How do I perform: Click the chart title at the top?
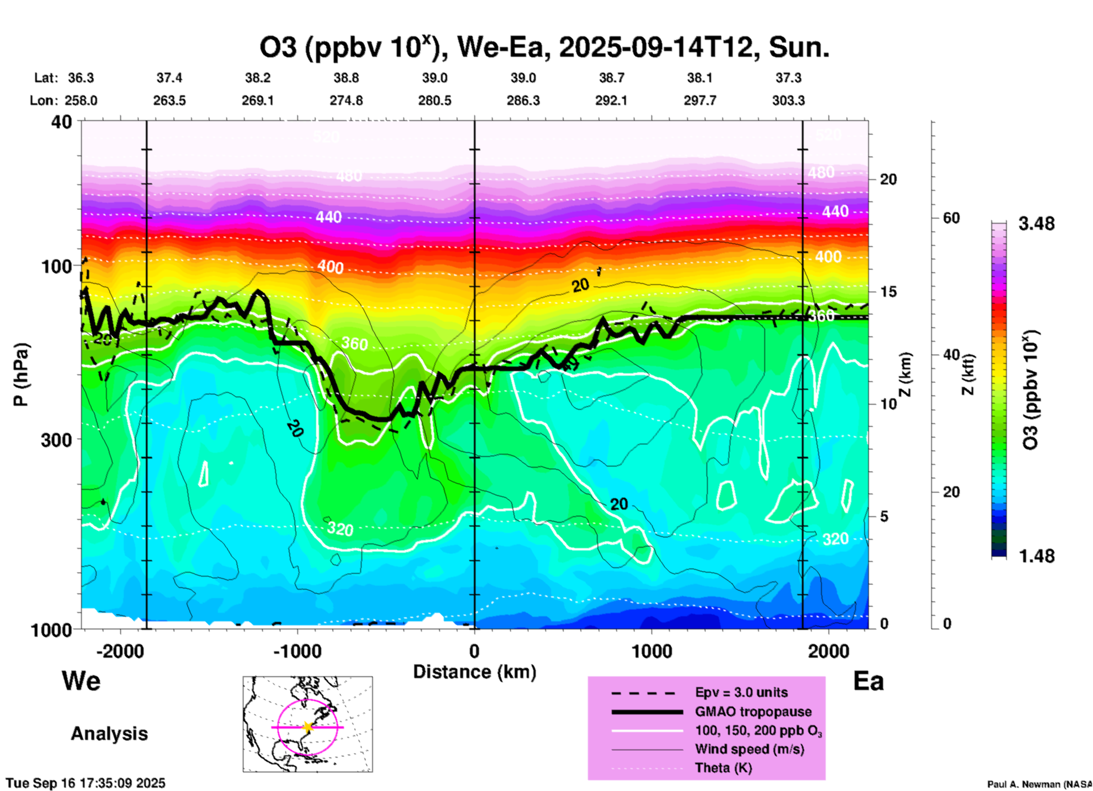[544, 48]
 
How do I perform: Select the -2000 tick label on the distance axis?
[120, 651]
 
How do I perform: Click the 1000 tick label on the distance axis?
[651, 651]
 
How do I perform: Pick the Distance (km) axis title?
[474, 672]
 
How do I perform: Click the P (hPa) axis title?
[21, 375]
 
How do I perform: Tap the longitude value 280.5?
[435, 101]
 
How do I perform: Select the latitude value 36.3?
[81, 78]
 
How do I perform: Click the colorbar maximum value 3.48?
[1036, 224]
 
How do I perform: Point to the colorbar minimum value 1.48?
[1036, 556]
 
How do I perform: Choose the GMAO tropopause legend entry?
[753, 712]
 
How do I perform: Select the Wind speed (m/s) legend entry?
[749, 749]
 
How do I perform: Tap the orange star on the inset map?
[308, 727]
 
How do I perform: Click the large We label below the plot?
[81, 680]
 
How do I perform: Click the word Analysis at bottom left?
[109, 734]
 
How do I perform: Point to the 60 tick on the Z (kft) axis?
[951, 218]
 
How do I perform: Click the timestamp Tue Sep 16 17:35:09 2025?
[86, 783]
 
